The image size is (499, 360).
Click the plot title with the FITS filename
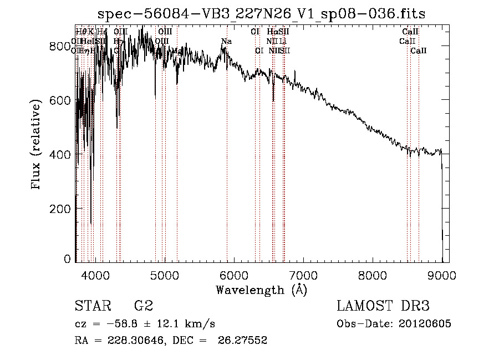261,14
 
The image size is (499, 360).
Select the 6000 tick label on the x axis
233,274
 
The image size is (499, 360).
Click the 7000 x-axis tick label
303,274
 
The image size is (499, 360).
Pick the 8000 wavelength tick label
373,274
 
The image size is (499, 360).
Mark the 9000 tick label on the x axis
442,274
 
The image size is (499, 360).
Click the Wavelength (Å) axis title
261,290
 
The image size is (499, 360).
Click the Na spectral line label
226,42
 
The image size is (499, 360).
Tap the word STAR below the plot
92,306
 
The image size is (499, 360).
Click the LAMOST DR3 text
383,306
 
